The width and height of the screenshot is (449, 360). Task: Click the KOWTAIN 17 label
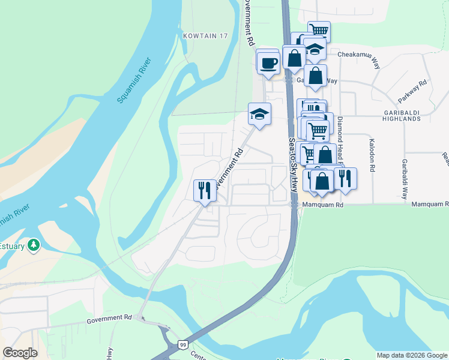point(206,36)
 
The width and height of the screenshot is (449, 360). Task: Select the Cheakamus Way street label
point(360,55)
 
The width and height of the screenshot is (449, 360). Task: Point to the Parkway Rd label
point(412,91)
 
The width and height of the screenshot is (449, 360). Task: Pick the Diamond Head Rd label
point(340,141)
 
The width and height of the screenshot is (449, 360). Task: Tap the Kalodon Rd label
point(372,157)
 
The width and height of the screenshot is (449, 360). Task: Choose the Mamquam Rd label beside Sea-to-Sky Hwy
point(322,205)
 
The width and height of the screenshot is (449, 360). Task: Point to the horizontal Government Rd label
point(109,318)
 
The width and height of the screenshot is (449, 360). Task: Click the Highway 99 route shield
point(182,345)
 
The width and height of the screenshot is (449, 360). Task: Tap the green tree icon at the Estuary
point(35,245)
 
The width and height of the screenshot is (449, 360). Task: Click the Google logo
point(20,353)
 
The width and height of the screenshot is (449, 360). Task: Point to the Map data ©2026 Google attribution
point(411,355)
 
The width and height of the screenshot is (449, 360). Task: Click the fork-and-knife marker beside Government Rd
point(205,190)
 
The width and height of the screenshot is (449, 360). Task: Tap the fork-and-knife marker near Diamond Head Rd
point(345,178)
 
